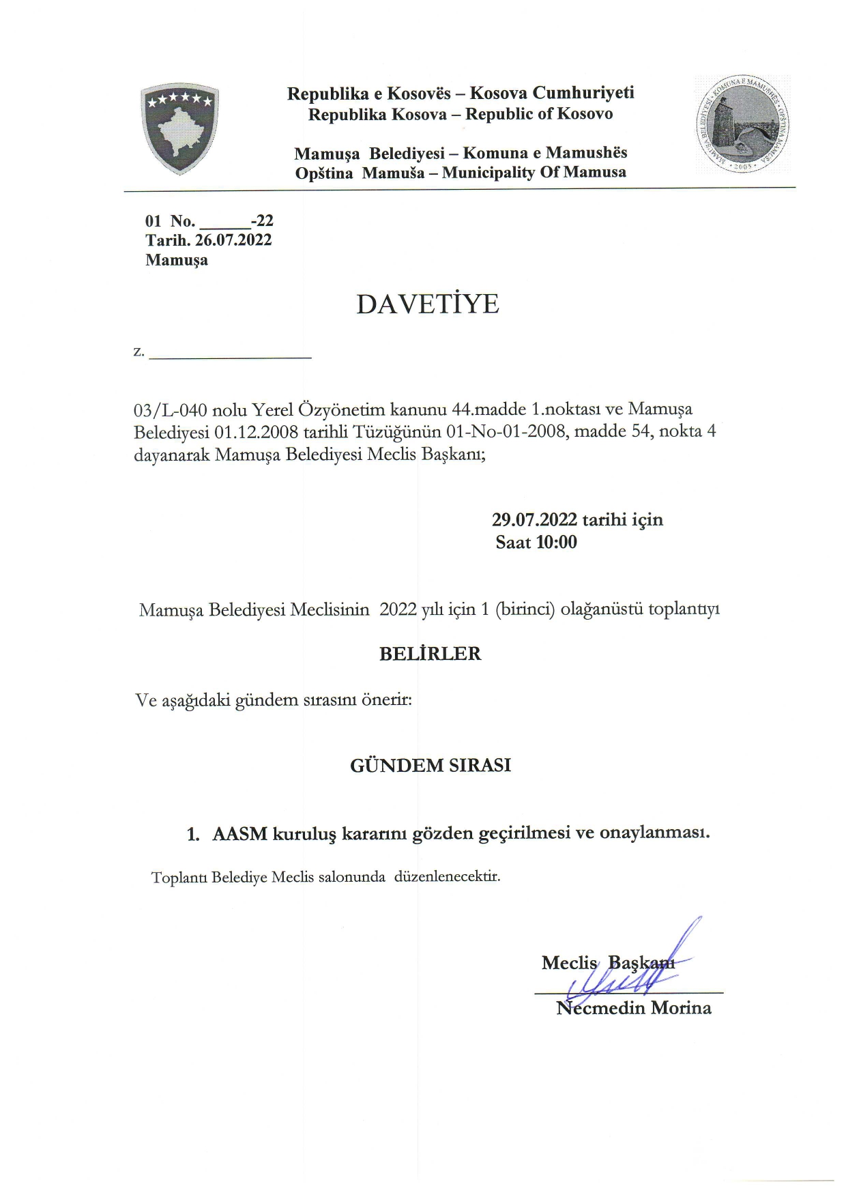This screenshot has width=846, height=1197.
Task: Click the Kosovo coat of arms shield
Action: point(179,129)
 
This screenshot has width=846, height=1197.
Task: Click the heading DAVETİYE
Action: point(428,304)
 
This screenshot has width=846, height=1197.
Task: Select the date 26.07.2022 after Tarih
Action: point(233,240)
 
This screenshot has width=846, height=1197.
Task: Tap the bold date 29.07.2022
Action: point(534,520)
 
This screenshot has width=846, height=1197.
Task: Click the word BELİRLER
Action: point(430,654)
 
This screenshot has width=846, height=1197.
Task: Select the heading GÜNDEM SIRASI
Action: point(430,766)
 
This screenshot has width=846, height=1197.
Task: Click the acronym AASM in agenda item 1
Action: point(239,834)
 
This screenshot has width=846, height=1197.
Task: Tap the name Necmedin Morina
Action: point(634,1008)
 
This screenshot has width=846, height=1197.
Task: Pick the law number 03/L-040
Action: point(171,409)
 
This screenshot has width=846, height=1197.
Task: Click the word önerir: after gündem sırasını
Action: point(387,701)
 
